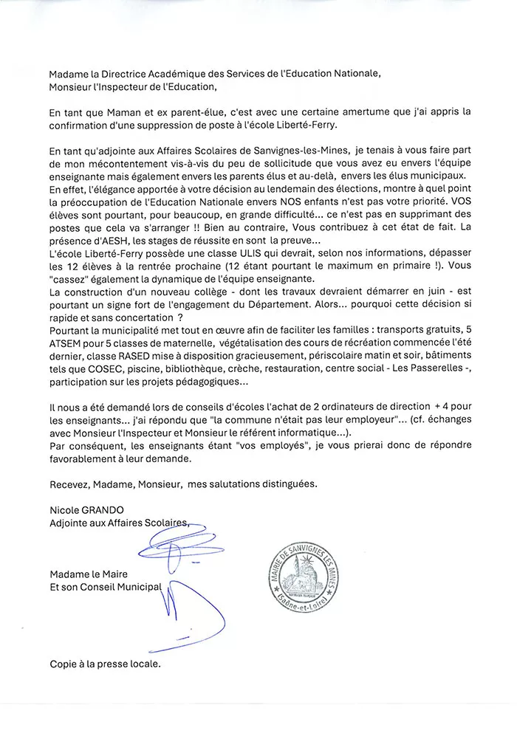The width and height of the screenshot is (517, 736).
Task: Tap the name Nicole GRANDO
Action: click(x=85, y=509)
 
